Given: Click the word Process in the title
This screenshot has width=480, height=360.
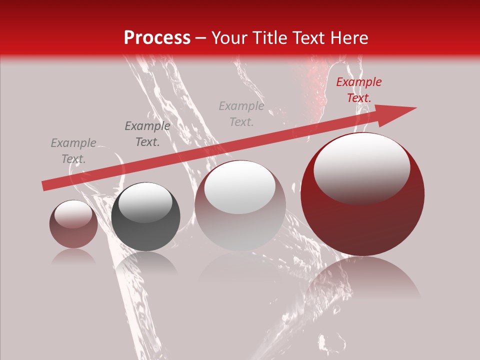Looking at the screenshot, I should click(x=157, y=38).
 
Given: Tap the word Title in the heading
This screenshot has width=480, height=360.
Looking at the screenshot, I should click(x=271, y=38).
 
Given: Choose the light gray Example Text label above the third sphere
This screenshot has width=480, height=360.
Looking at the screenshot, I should click(x=241, y=114).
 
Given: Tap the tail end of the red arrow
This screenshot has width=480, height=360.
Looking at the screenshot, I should click(x=45, y=186).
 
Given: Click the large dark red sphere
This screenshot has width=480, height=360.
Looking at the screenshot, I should click(x=362, y=220).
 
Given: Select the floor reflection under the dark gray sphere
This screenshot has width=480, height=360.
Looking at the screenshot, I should click(x=146, y=262).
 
